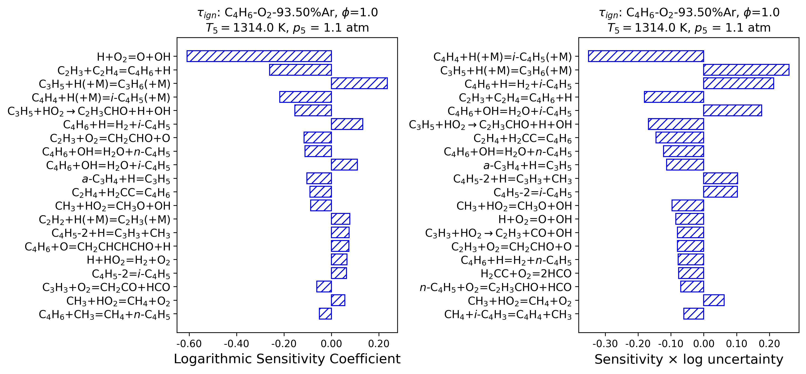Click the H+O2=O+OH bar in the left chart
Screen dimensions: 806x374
[259, 56]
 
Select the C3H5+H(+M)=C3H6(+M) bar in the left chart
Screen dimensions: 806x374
[359, 83]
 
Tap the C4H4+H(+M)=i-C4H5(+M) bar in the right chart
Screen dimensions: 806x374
[646, 56]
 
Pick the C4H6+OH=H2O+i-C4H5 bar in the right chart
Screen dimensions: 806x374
[732, 110]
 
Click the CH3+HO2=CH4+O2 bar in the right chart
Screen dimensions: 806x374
[714, 300]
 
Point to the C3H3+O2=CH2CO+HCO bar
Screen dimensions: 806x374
[324, 287]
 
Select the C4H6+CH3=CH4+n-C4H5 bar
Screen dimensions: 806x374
[325, 314]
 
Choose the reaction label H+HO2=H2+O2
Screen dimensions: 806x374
[129, 260]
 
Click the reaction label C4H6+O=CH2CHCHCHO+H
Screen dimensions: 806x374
[98, 247]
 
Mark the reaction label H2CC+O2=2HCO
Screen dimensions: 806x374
[526, 274]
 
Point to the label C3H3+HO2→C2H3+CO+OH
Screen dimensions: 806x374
[498, 233]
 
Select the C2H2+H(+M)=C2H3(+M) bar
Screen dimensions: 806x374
[340, 219]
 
